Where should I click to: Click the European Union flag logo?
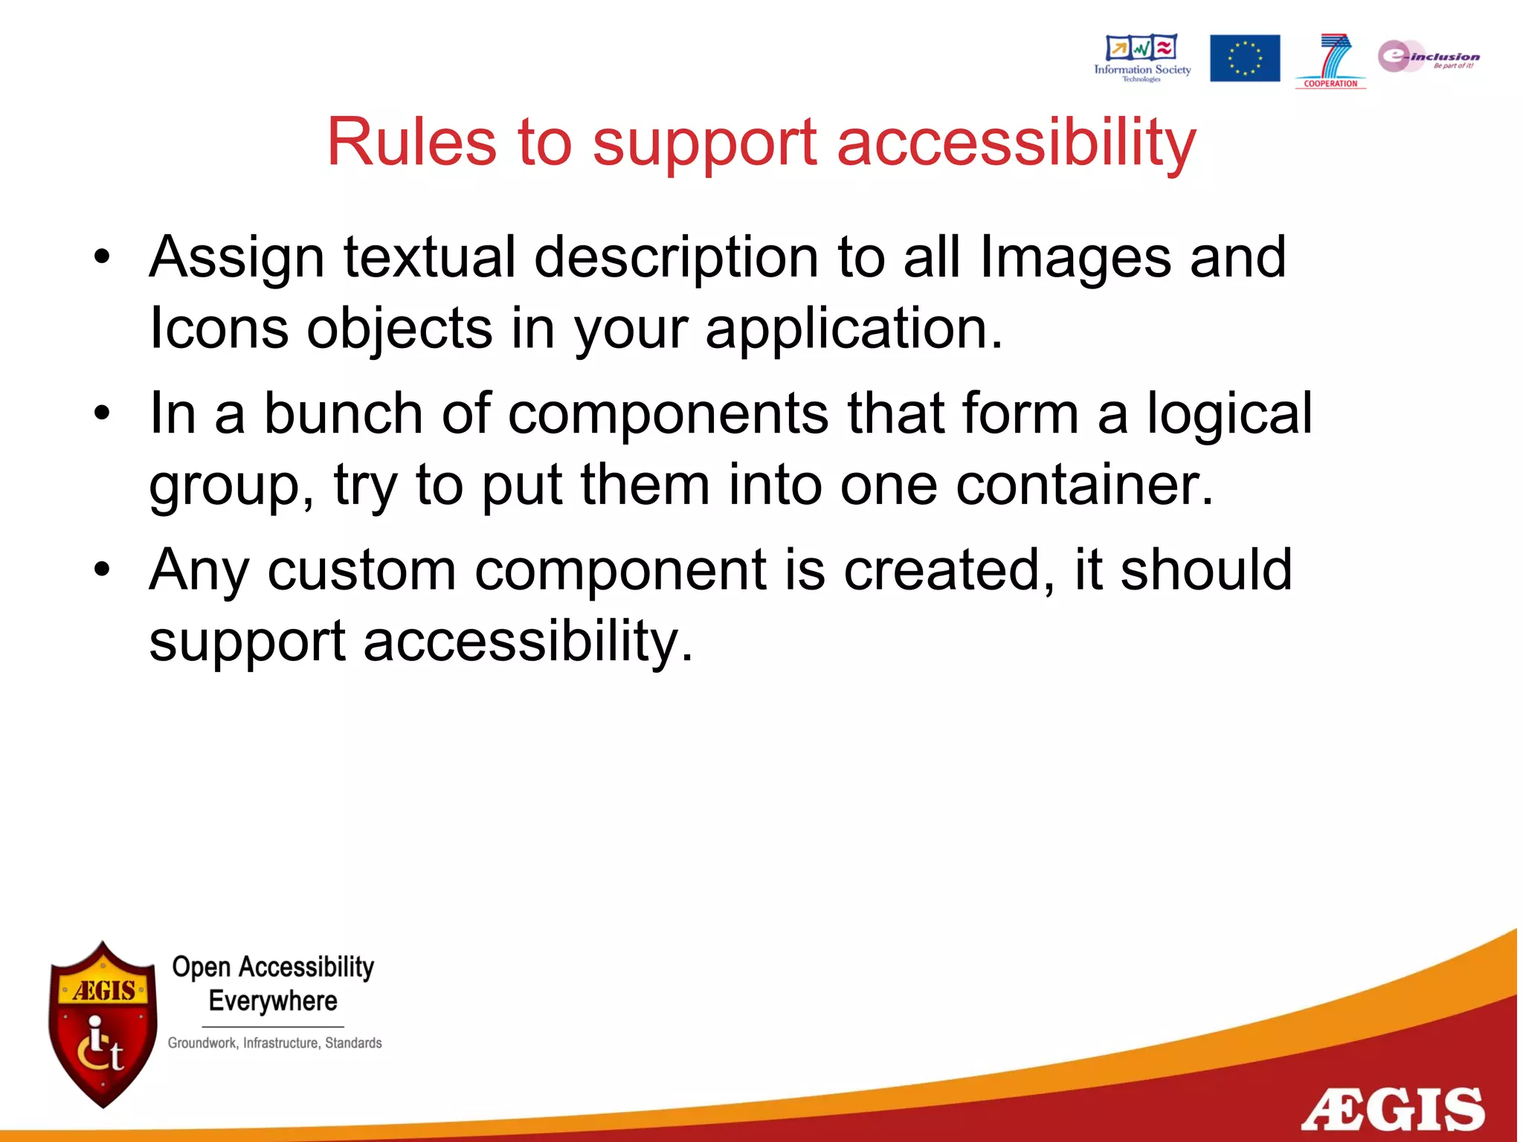[1244, 58]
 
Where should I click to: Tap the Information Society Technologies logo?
[1142, 58]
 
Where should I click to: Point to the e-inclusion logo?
[1428, 57]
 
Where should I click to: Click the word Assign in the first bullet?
[236, 258]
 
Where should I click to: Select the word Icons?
[219, 328]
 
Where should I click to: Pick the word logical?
[1229, 415]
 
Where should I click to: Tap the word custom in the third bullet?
[361, 570]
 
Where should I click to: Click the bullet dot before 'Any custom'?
[102, 570]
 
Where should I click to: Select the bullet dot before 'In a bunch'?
[102, 413]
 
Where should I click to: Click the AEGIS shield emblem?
[103, 1024]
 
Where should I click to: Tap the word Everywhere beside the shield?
[273, 1001]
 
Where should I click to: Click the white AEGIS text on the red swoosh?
[1392, 1110]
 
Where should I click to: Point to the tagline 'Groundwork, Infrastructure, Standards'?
[274, 1043]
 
